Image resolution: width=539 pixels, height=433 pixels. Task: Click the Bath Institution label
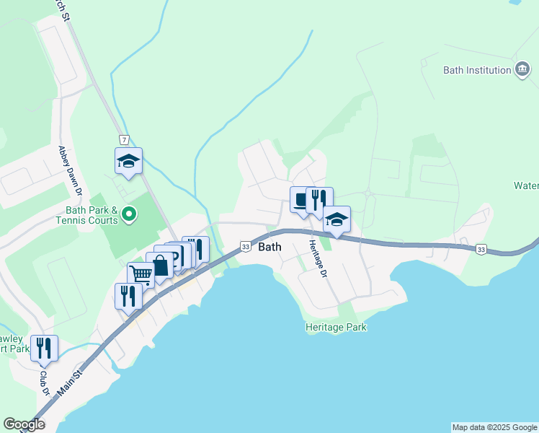pos(476,70)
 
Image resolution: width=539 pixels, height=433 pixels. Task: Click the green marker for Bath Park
pos(129,214)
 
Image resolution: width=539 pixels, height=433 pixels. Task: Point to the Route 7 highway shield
pos(125,139)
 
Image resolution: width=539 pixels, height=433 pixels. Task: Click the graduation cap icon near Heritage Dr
pos(337,219)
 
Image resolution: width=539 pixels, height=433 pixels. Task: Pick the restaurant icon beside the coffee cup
pos(319,198)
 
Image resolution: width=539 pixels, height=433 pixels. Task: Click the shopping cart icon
pos(141,275)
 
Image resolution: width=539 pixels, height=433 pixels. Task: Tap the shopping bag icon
pos(160,265)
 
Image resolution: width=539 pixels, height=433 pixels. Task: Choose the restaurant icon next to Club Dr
pos(45,348)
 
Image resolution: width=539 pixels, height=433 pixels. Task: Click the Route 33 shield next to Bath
pos(246,246)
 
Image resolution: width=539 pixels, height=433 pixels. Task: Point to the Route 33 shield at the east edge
pos(480,249)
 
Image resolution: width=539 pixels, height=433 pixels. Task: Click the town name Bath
pos(269,246)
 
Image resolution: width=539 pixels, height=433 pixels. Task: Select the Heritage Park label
pos(336,327)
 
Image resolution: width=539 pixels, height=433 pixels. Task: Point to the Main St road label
pos(69,382)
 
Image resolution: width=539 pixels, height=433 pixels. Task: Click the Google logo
pos(24,424)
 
